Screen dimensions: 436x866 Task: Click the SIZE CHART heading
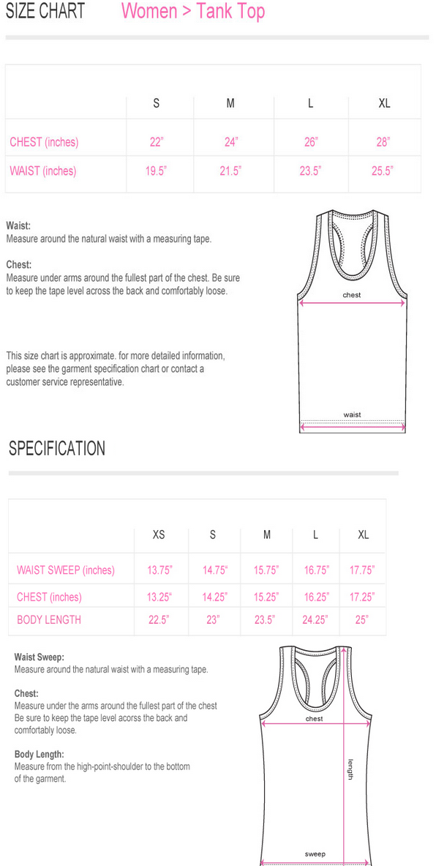coord(45,12)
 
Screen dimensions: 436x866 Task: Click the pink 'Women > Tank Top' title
coord(192,12)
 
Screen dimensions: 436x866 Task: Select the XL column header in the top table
coord(384,103)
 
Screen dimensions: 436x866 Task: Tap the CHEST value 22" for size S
coord(156,142)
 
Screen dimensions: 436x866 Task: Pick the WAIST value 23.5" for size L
coord(311,171)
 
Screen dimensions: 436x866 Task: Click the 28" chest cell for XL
coord(383,142)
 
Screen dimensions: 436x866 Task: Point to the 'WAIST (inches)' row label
coord(42,171)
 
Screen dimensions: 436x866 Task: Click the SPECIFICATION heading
coord(56,448)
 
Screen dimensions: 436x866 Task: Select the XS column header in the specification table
coord(159,535)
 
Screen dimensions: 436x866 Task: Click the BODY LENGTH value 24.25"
coord(315,620)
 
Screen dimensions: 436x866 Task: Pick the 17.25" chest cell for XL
coord(362,597)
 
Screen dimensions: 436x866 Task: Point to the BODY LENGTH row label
coord(49,620)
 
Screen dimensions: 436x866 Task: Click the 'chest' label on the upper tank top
coord(352,295)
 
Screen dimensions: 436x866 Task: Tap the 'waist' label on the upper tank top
coord(352,415)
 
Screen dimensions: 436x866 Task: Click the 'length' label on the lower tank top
coord(350,768)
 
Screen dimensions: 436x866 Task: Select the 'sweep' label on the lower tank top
coord(315,854)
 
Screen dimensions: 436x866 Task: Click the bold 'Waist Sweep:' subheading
coord(40,657)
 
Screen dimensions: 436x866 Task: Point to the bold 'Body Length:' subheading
coord(40,754)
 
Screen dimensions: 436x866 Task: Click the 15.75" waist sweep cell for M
coord(266,570)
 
